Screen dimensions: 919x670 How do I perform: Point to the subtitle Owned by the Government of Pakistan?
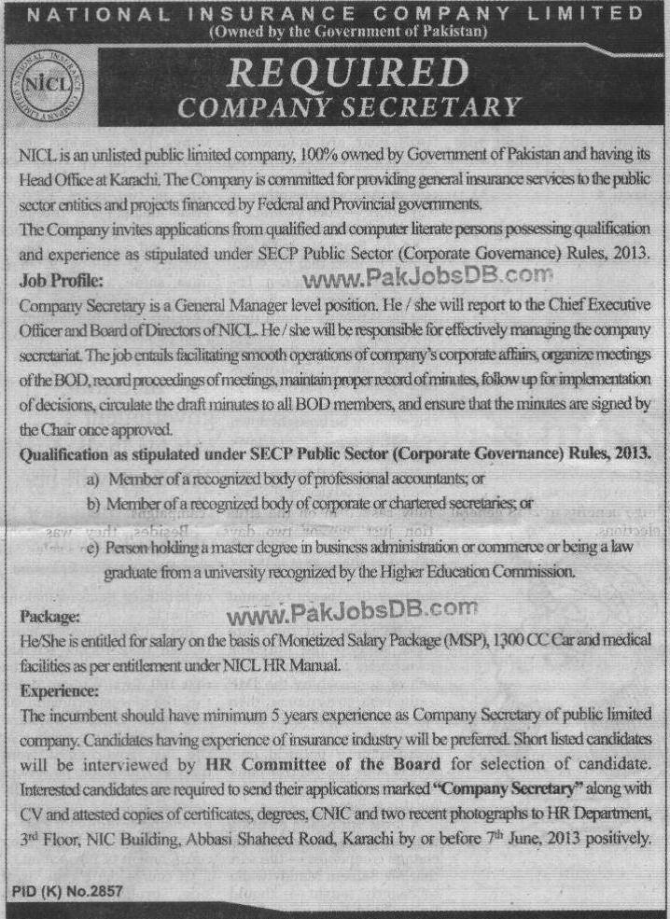point(335,35)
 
